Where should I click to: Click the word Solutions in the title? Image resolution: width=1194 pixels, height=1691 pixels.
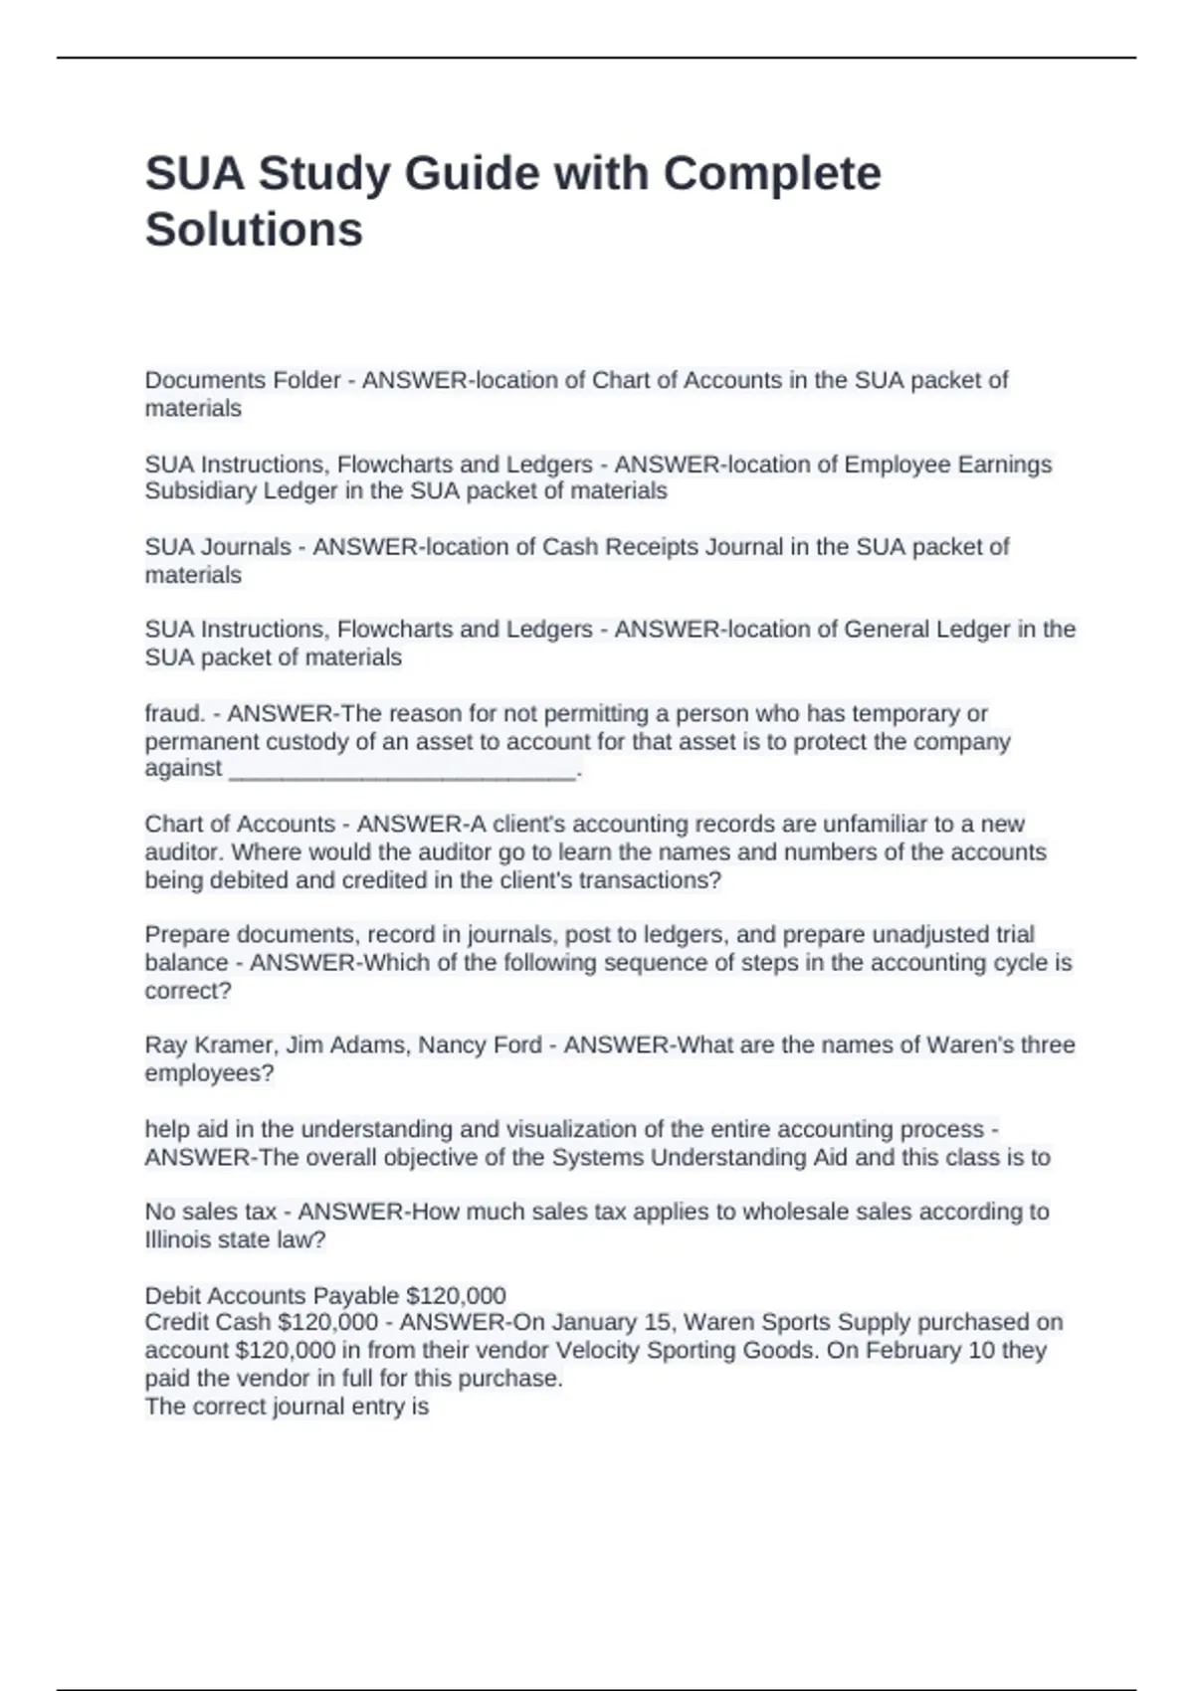[254, 230]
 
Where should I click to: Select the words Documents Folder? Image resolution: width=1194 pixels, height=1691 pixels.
[243, 380]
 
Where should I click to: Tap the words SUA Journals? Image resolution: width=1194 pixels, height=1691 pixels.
[218, 547]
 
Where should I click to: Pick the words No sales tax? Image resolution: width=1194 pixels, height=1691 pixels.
[211, 1212]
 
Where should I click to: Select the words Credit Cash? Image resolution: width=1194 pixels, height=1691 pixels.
[208, 1323]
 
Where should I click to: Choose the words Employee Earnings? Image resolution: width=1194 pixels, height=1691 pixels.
[947, 465]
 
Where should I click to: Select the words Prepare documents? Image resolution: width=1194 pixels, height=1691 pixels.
[250, 935]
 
